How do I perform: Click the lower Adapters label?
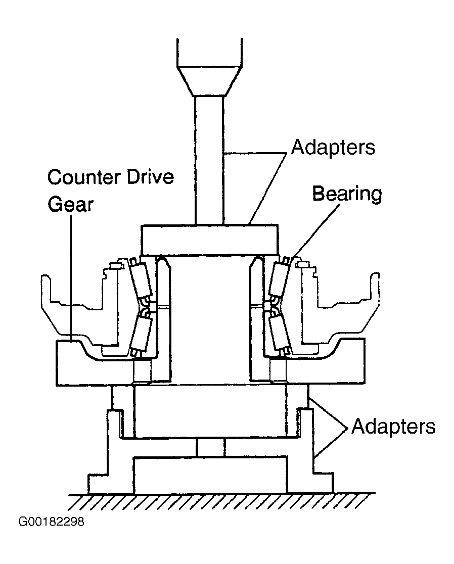click(x=393, y=427)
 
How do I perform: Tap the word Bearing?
click(x=347, y=194)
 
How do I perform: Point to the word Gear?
click(x=70, y=205)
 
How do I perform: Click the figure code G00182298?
click(x=51, y=522)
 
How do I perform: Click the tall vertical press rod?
click(x=209, y=160)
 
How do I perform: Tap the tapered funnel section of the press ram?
click(x=209, y=81)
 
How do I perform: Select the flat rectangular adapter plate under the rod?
click(x=210, y=240)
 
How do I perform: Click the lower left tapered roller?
click(x=142, y=333)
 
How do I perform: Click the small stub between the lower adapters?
click(x=211, y=447)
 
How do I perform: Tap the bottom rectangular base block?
click(x=210, y=475)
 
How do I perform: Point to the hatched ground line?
click(x=222, y=501)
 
